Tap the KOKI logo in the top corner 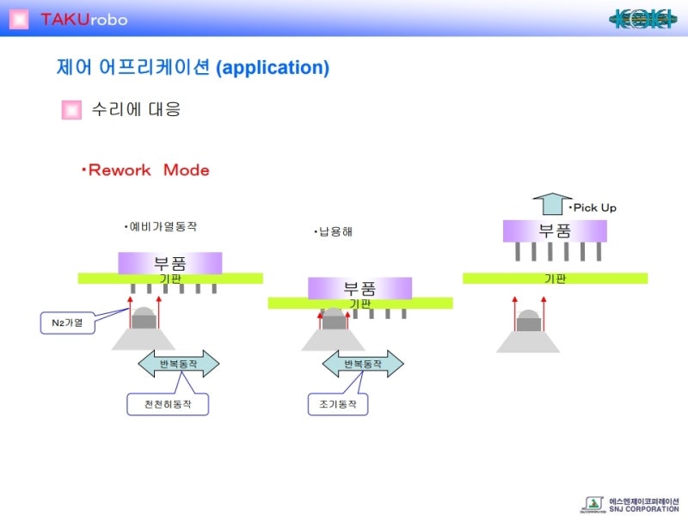coord(642,18)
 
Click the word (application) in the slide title coord(273,68)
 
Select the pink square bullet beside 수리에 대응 coord(71,110)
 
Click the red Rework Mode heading coord(145,170)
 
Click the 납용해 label coord(333,232)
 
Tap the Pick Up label coord(593,207)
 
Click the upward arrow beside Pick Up coord(551,204)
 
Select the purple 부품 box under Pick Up coord(555,230)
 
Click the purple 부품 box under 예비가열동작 coord(170,262)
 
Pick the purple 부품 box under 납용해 coord(359,288)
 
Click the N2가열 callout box coord(68,323)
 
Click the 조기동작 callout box coord(337,403)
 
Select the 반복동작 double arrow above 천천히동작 coord(179,364)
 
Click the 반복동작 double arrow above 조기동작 coord(362,364)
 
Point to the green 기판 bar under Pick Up coord(555,278)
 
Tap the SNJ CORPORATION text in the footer coord(644,509)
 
